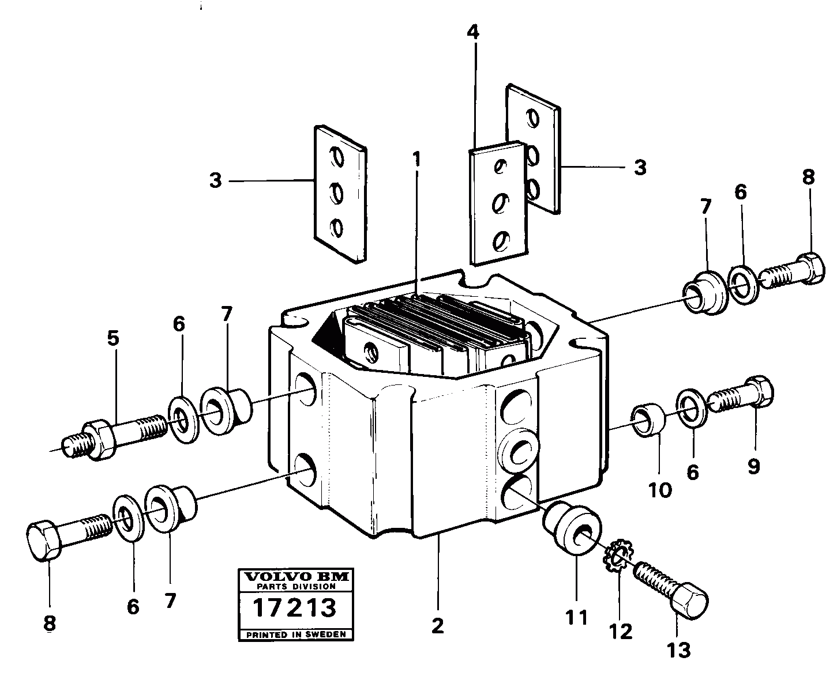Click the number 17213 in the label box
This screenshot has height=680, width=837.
coord(295,608)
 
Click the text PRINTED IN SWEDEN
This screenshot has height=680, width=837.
coord(295,634)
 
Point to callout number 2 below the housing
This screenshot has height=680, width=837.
coord(438,626)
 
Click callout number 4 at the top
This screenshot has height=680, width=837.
coord(473,33)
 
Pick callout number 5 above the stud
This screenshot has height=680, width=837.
coord(113,338)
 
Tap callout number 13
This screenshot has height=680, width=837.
coord(678,651)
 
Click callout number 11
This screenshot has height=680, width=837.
coord(576,617)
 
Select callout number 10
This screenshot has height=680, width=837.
coord(660,490)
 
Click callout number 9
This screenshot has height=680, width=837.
coord(753,465)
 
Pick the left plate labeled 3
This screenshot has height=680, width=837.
coord(339,194)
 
